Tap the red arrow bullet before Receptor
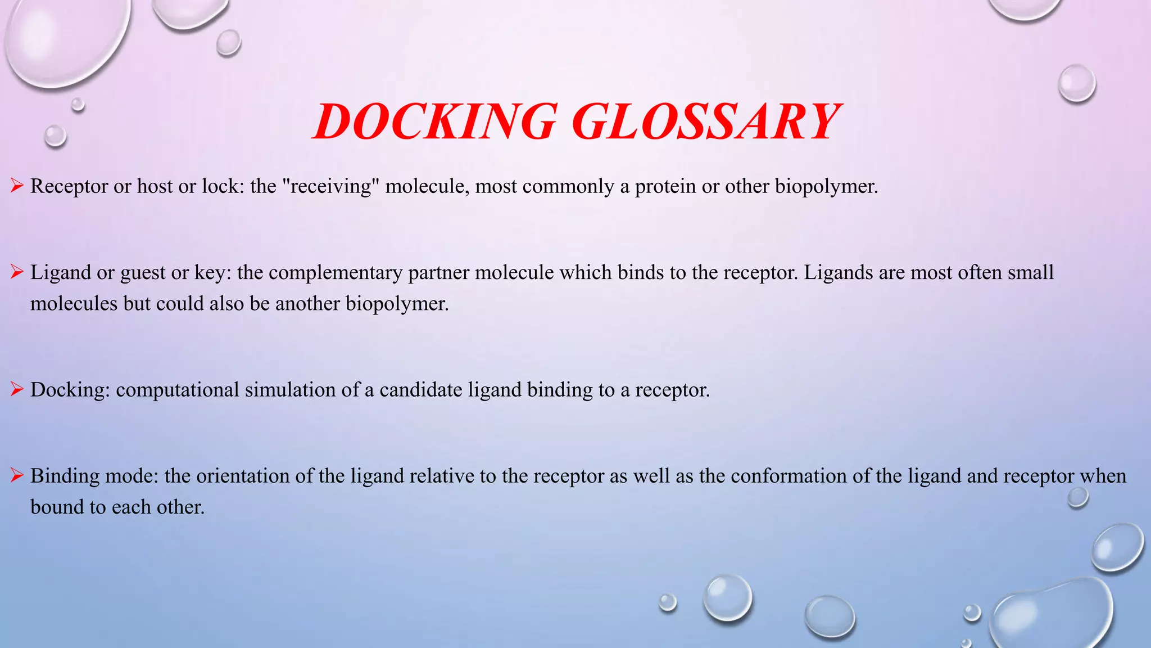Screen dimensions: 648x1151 (17, 186)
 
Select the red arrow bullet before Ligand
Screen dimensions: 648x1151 (17, 272)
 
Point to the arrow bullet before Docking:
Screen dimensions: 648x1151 (17, 389)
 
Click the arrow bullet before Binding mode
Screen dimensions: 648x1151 (17, 476)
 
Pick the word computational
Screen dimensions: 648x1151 (178, 390)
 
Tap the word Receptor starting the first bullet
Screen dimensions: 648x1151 (69, 186)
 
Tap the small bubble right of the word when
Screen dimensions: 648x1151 (1078, 497)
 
